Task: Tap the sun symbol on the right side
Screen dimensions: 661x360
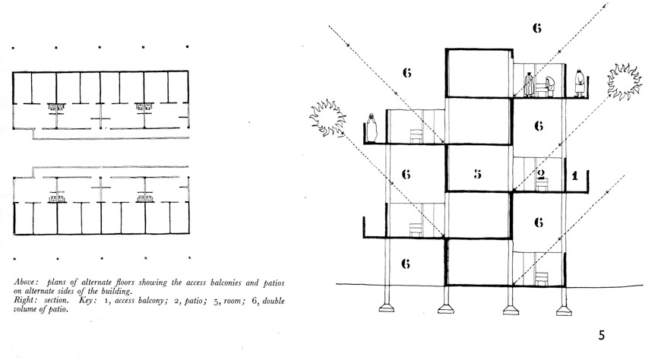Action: pyautogui.click(x=624, y=81)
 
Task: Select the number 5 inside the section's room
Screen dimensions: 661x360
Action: pyautogui.click(x=477, y=174)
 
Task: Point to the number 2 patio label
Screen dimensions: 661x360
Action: pyautogui.click(x=541, y=174)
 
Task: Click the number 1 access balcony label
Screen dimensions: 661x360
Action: pyautogui.click(x=574, y=175)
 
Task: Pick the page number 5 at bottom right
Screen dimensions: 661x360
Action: pyautogui.click(x=602, y=335)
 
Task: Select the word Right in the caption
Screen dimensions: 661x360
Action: pyautogui.click(x=24, y=301)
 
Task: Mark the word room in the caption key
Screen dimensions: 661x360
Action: pyautogui.click(x=233, y=301)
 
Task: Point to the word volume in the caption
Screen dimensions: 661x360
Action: pyautogui.click(x=26, y=309)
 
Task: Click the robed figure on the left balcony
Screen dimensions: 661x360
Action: pyautogui.click(x=372, y=128)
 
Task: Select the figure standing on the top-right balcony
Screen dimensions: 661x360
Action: pyautogui.click(x=580, y=83)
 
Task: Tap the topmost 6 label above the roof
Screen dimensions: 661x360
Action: pyautogui.click(x=536, y=28)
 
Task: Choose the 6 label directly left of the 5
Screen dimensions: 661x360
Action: pyautogui.click(x=406, y=174)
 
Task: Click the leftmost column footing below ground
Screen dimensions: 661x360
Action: pyautogui.click(x=386, y=308)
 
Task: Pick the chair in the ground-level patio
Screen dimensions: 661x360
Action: pyautogui.click(x=541, y=279)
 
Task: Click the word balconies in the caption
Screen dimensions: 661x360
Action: pyautogui.click(x=228, y=283)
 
